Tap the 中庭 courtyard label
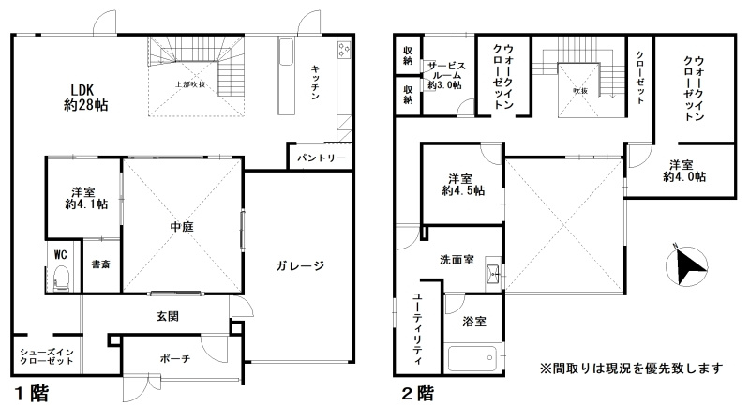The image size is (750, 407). (182, 225)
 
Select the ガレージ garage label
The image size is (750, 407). (300, 265)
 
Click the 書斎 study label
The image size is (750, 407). (100, 265)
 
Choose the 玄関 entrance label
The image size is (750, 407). (169, 317)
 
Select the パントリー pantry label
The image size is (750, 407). (321, 158)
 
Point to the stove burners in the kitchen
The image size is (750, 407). (344, 46)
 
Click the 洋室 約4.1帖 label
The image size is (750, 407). (82, 197)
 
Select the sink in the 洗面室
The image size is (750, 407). (492, 276)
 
